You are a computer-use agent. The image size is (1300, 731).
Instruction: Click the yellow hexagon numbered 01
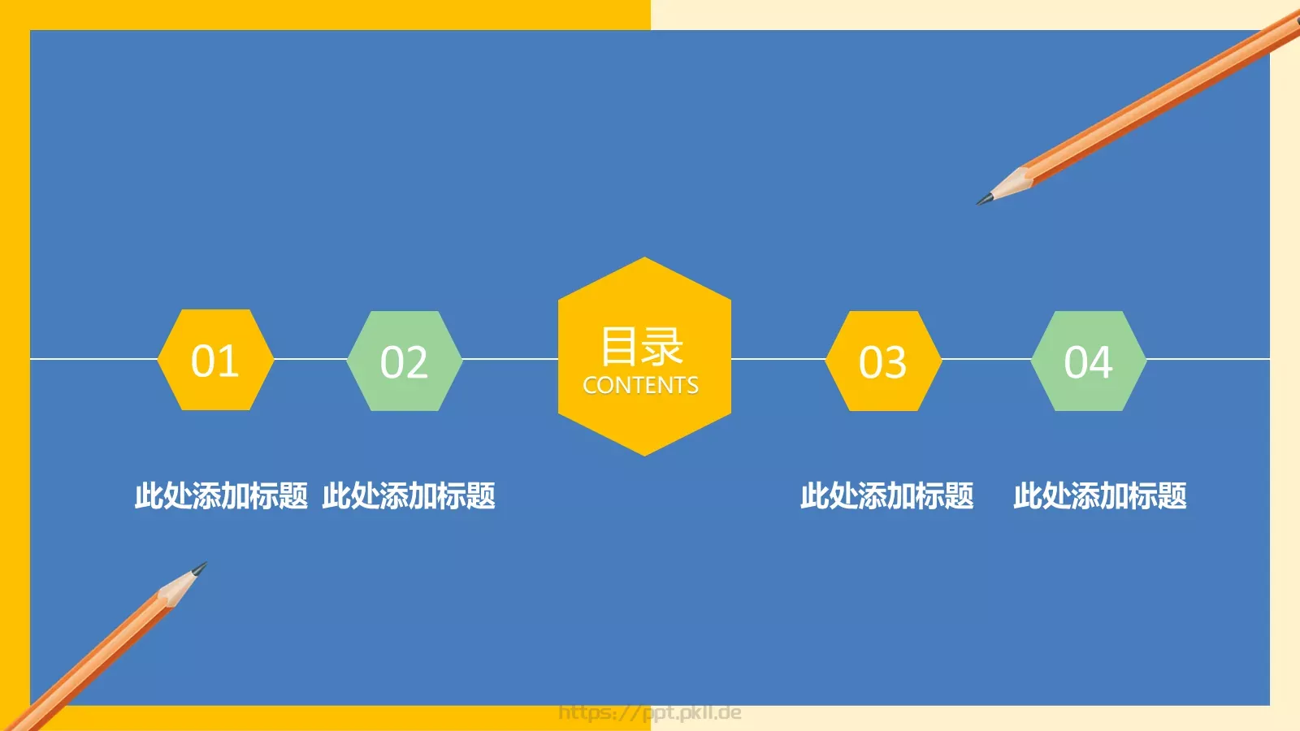click(x=215, y=360)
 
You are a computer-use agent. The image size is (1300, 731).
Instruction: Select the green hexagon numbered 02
click(x=404, y=361)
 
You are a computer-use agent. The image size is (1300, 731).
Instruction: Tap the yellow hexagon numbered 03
click(x=883, y=361)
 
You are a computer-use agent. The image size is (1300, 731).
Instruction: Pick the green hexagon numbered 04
click(x=1088, y=361)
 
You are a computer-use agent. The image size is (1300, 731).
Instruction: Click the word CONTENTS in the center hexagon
click(x=640, y=385)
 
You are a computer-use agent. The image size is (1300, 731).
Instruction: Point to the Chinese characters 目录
click(x=641, y=346)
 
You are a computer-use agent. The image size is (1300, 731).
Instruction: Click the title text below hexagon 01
click(x=221, y=495)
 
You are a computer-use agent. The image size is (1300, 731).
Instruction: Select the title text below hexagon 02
click(x=409, y=495)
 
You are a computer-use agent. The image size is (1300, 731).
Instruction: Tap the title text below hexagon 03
click(x=886, y=495)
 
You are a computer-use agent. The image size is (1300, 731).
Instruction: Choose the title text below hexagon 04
click(x=1099, y=495)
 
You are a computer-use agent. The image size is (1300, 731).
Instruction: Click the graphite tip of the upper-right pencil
click(x=983, y=200)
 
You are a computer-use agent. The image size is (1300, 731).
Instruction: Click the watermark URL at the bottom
click(x=650, y=713)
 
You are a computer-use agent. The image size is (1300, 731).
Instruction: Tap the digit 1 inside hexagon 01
click(x=228, y=361)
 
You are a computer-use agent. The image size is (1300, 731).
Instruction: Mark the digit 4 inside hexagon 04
click(x=1101, y=362)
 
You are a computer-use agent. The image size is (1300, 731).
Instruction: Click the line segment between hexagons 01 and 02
click(x=310, y=358)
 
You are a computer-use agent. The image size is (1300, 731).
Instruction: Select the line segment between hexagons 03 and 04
click(x=986, y=358)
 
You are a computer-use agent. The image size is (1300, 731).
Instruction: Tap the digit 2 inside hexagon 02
click(x=416, y=362)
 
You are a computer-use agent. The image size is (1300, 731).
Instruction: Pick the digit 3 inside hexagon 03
click(x=895, y=362)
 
